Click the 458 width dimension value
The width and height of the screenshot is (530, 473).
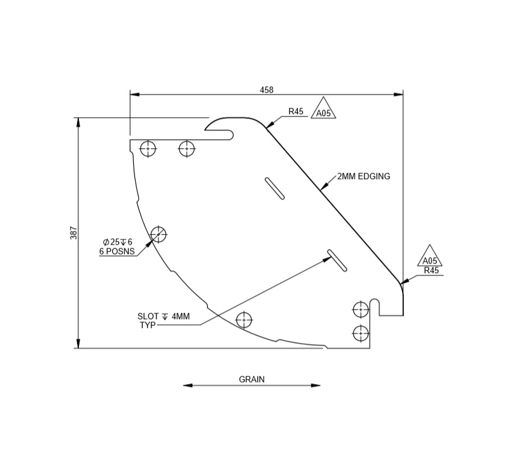pyautogui.click(x=266, y=90)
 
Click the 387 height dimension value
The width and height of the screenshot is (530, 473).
pyautogui.click(x=73, y=233)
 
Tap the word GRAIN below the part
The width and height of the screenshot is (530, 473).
pyautogui.click(x=252, y=379)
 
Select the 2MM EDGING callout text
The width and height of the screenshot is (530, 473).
pyautogui.click(x=363, y=177)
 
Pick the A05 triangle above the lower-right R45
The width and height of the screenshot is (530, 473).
pyautogui.click(x=430, y=259)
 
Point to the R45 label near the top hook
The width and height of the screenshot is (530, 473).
pyautogui.click(x=296, y=112)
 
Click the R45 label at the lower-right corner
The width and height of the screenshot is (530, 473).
pyautogui.click(x=432, y=271)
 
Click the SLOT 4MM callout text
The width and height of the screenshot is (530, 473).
pyautogui.click(x=163, y=317)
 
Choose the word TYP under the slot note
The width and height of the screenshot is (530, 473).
pyautogui.click(x=147, y=325)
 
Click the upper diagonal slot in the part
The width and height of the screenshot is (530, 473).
pyautogui.click(x=274, y=189)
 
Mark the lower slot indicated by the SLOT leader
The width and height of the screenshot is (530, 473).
pyautogui.click(x=337, y=260)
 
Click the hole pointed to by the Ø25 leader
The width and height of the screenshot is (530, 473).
pyautogui.click(x=158, y=234)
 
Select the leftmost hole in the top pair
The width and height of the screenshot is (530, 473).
pyautogui.click(x=148, y=149)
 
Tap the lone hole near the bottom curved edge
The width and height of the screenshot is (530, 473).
pyautogui.click(x=244, y=320)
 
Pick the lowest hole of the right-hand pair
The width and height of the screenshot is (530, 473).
pyautogui.click(x=360, y=333)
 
